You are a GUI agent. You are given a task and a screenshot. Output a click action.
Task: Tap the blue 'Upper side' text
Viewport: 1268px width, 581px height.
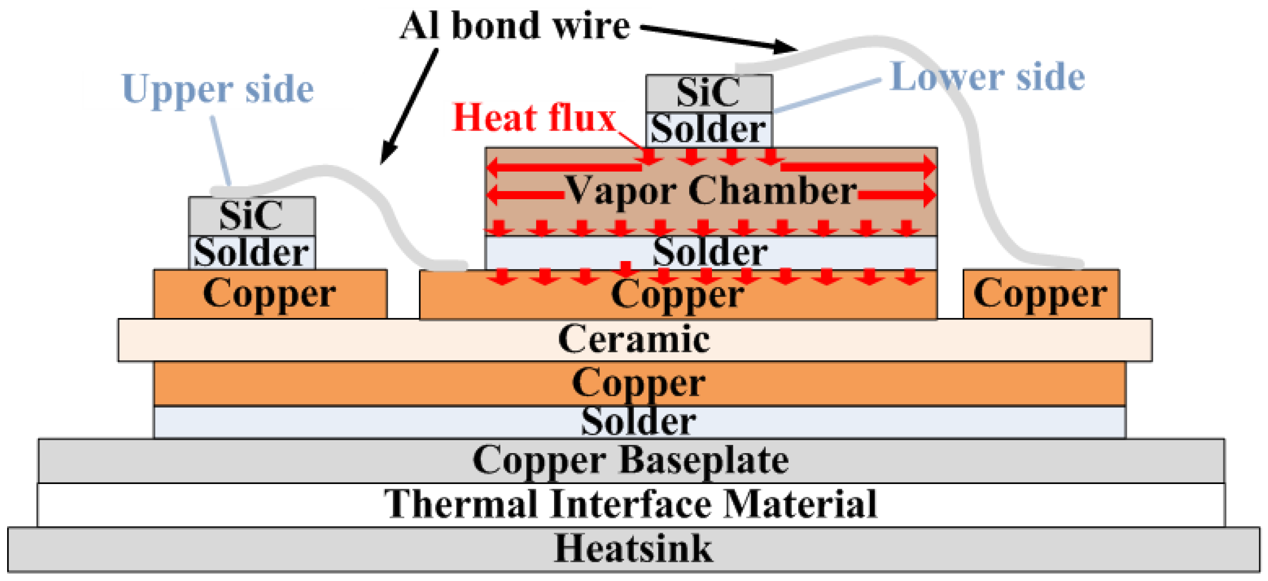[x=217, y=89]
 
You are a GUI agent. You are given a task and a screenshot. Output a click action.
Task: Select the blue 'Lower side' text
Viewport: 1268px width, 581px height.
[x=987, y=77]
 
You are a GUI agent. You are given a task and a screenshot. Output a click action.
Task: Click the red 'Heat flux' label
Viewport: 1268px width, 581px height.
[x=534, y=118]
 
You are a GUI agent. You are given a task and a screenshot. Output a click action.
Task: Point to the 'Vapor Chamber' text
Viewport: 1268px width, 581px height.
[x=711, y=191]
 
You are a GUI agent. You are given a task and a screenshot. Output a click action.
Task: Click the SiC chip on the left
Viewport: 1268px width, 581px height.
[x=252, y=215]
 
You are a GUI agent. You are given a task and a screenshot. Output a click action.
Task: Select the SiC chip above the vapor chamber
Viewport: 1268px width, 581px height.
[x=708, y=93]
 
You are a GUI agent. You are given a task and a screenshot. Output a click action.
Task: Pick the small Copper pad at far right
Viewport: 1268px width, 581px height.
[x=1041, y=294]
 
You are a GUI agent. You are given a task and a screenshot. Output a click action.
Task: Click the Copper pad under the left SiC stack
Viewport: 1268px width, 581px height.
[x=270, y=294]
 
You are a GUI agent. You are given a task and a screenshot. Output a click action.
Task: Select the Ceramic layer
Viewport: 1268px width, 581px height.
[x=634, y=340]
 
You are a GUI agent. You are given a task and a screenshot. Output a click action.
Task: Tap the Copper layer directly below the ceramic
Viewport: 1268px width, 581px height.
[x=638, y=384]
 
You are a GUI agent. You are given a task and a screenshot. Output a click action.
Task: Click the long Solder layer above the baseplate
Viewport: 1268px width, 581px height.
[x=638, y=422]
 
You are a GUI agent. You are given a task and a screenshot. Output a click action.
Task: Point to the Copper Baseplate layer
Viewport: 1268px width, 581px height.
[x=631, y=460]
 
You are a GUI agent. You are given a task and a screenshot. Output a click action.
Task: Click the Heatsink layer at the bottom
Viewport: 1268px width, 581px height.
[x=634, y=549]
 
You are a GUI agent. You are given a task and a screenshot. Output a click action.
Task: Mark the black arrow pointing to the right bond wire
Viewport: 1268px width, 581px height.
[x=719, y=38]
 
